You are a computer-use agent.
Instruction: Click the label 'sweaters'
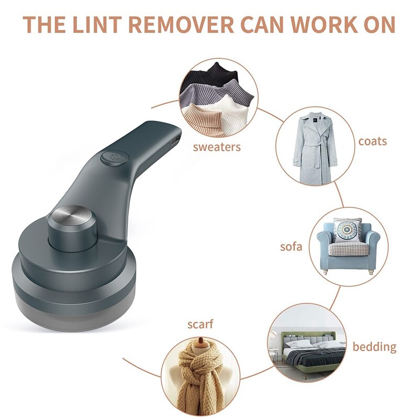point(217,147)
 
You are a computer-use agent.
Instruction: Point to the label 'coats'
point(372,141)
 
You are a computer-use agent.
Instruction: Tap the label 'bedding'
point(374,346)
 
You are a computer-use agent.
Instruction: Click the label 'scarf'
point(201,324)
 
